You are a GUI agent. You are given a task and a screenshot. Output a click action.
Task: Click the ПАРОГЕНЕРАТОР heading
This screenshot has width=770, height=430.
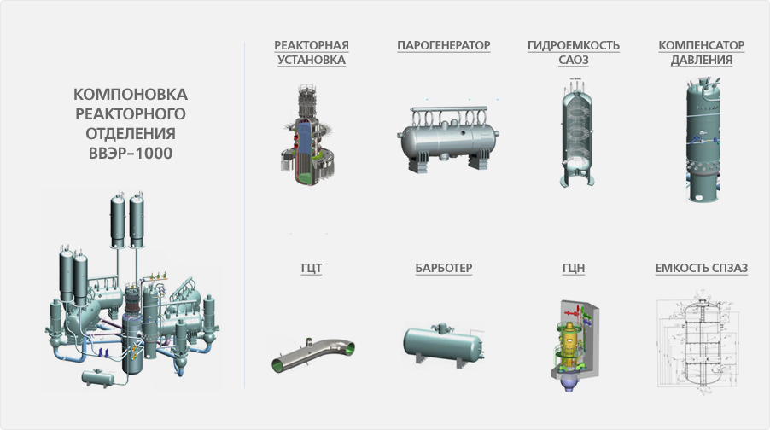443,45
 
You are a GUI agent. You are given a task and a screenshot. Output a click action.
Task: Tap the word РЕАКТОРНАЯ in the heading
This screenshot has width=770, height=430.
312,45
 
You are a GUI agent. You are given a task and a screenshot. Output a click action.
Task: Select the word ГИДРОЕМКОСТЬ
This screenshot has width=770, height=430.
573,45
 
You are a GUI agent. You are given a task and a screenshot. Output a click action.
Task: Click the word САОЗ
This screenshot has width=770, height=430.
573,60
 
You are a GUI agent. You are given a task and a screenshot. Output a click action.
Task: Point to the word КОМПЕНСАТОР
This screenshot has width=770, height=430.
701,45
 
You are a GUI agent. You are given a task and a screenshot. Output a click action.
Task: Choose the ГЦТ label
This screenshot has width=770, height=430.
312,268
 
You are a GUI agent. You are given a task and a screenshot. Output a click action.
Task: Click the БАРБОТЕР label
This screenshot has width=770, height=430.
443,268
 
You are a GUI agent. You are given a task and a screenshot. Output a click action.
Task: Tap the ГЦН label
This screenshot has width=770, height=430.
573,268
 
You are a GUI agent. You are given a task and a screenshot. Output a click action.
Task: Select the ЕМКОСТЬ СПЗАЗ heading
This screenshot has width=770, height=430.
701,268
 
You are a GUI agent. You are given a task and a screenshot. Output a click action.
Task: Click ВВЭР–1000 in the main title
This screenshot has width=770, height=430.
130,154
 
